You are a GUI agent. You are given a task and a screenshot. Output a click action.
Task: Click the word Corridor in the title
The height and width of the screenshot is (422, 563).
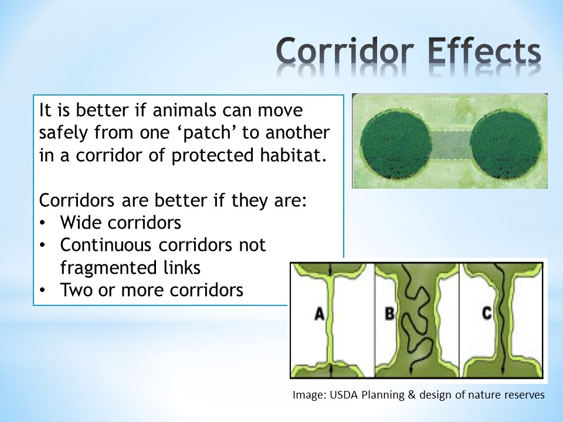[345, 51]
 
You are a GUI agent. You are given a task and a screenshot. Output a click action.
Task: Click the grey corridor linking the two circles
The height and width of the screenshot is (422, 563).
[450, 145]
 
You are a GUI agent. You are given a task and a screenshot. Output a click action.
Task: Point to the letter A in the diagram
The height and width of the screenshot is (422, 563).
[319, 314]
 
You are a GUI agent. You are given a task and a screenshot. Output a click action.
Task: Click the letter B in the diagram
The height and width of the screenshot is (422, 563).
[389, 314]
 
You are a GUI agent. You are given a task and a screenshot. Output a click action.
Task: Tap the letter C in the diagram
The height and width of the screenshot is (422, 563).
[487, 313]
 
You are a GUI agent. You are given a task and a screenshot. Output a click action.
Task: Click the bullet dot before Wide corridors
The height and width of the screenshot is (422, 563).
[43, 223]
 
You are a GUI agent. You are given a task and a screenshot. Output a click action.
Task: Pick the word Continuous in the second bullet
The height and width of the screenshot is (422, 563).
[106, 245]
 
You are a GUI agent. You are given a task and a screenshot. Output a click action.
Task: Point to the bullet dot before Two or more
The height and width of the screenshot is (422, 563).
[43, 290]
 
